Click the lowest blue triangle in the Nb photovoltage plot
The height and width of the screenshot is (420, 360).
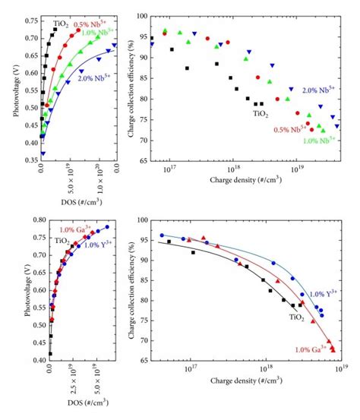43,153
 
